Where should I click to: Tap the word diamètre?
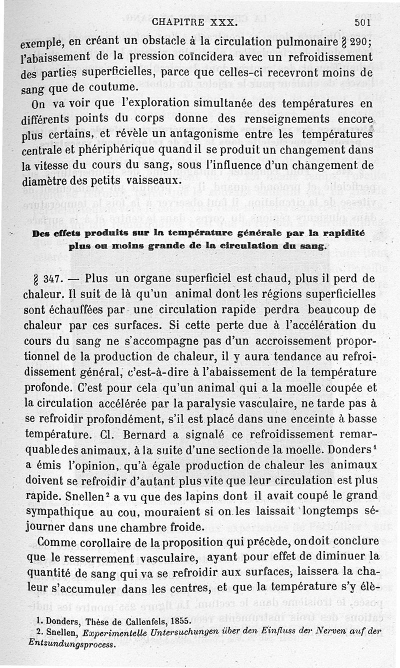(44, 180)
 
